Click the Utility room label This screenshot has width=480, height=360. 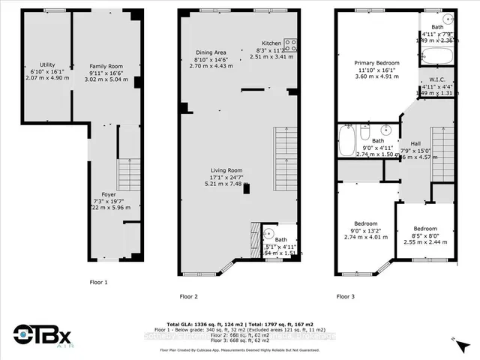pyautogui.click(x=36, y=67)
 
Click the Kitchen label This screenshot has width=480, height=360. pyautogui.click(x=271, y=43)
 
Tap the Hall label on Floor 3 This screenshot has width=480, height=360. pyautogui.click(x=415, y=142)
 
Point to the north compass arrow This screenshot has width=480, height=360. pyautogui.click(x=456, y=341)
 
